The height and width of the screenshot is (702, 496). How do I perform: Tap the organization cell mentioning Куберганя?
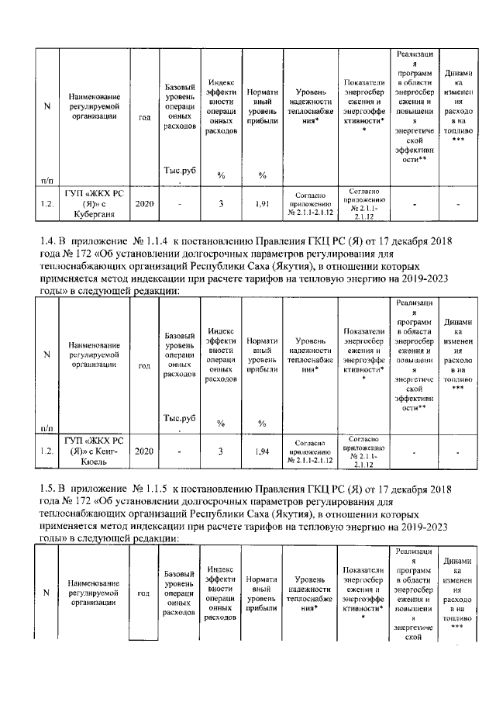tap(92, 203)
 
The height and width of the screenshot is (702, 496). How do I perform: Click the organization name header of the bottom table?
tap(92, 593)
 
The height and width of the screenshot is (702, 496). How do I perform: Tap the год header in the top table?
tap(144, 117)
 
